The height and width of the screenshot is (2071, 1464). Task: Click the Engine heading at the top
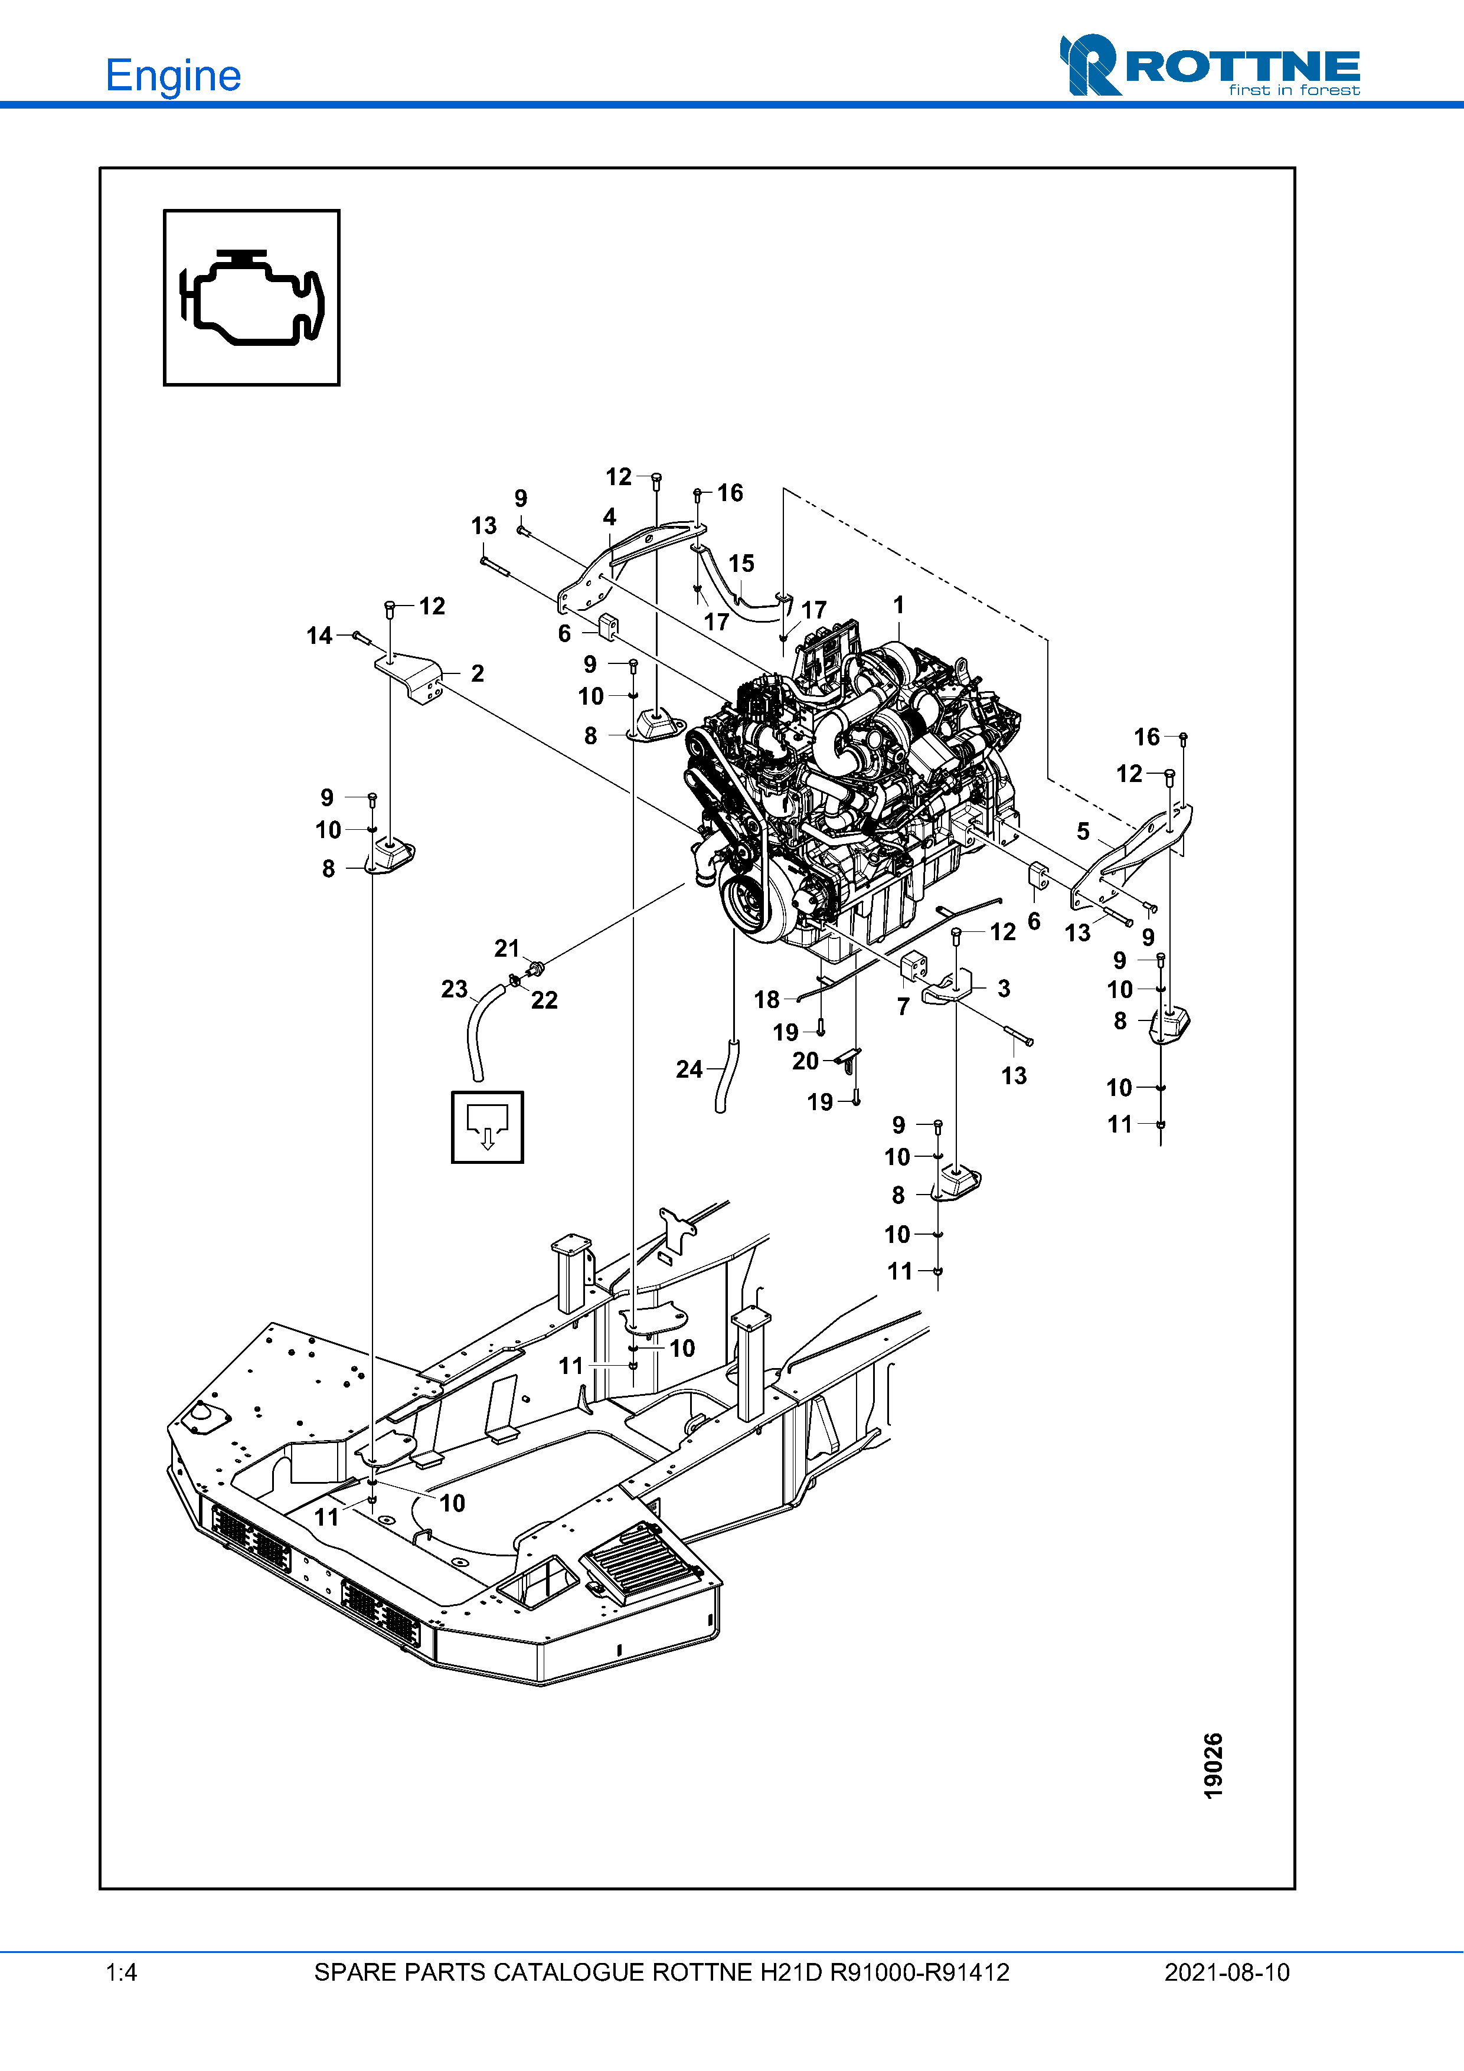pos(173,76)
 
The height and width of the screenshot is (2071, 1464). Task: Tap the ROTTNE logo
pos(1209,66)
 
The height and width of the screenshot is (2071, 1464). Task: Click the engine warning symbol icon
pos(251,297)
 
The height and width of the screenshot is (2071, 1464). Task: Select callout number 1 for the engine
pos(898,605)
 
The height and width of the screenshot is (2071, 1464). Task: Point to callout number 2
pos(477,674)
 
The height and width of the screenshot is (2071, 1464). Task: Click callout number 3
pos(1004,989)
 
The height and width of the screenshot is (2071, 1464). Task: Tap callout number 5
pos(1083,832)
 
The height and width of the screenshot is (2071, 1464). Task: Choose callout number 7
pos(903,1007)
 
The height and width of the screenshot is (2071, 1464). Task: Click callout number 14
pos(319,636)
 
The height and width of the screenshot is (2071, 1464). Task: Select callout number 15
pos(741,564)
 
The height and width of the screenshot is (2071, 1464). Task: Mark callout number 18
pos(767,999)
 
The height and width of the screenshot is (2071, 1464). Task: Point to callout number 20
pos(806,1062)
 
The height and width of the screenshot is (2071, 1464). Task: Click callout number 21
pos(507,949)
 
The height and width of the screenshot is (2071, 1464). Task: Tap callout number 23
pos(455,990)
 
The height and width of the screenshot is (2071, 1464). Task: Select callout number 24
pos(689,1070)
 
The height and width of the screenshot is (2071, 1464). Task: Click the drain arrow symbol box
pos(487,1127)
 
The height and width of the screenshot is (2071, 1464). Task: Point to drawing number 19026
pos(1213,1766)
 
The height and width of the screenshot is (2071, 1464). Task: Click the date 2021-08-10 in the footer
pos(1227,1972)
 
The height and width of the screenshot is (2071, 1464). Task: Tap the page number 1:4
pos(121,1972)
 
